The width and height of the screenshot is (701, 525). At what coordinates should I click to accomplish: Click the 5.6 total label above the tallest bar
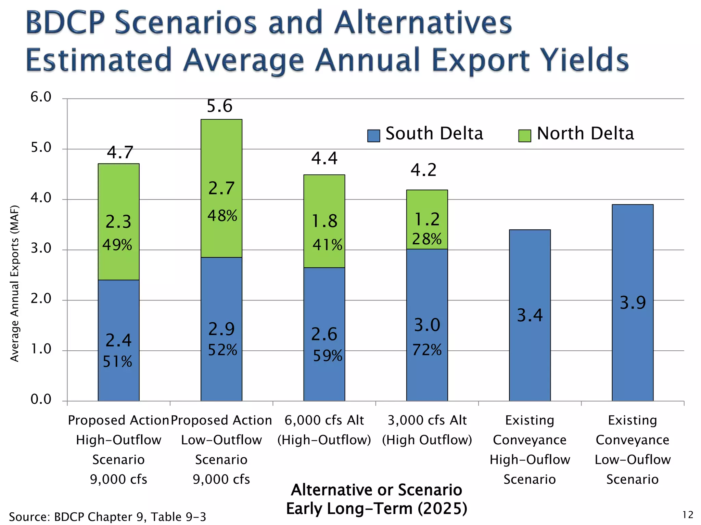[x=219, y=106]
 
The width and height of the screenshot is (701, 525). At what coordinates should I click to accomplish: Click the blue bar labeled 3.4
[x=530, y=359]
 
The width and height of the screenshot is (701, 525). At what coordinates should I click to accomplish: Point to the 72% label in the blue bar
[x=426, y=350]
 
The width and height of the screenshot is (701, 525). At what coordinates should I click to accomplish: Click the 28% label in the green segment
[x=426, y=239]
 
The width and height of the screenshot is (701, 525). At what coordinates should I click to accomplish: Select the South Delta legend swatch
[x=373, y=136]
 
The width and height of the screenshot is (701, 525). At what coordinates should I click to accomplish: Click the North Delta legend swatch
[x=524, y=136]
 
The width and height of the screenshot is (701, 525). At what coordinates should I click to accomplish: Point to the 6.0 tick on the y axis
[x=41, y=97]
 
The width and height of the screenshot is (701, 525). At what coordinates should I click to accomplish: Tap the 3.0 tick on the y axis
[x=41, y=248]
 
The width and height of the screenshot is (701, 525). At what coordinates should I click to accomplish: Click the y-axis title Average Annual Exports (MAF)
[x=14, y=283]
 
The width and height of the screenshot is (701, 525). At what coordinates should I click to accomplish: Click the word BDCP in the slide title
[x=65, y=23]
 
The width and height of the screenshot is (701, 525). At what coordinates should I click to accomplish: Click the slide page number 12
[x=688, y=515]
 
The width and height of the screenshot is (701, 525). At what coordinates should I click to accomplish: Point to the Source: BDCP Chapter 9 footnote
[x=107, y=517]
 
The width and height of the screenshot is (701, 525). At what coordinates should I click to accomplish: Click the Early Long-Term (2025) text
[x=377, y=509]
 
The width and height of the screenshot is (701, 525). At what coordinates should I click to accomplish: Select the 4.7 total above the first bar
[x=120, y=152]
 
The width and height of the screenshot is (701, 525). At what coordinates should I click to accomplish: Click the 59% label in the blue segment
[x=328, y=356]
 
